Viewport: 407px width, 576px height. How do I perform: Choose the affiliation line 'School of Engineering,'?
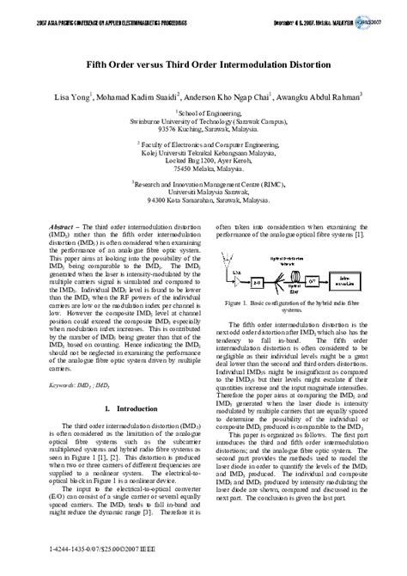[203, 113]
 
